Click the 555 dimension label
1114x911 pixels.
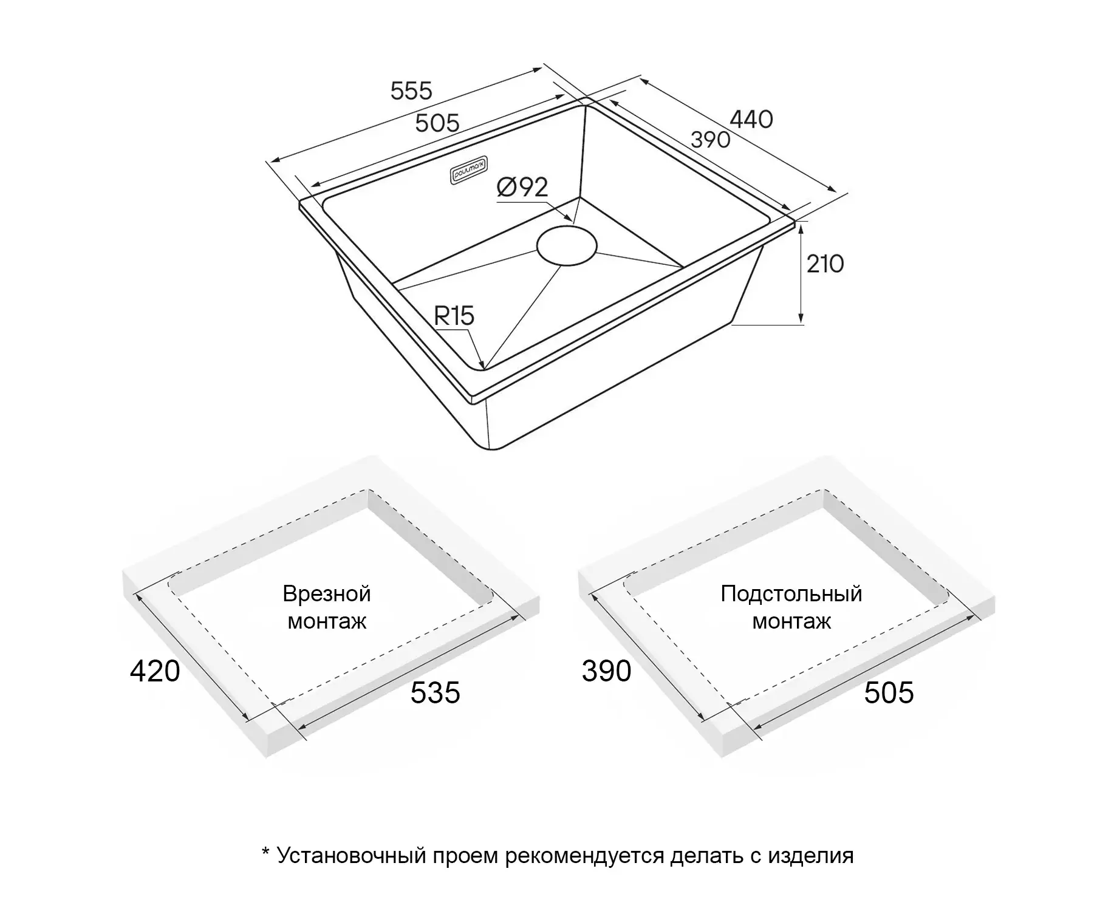(x=411, y=91)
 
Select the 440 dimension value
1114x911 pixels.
(x=751, y=119)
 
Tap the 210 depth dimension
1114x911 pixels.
(x=825, y=264)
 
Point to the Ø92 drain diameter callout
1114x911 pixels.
(x=522, y=187)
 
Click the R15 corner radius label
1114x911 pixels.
(x=454, y=316)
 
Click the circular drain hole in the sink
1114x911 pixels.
(x=567, y=245)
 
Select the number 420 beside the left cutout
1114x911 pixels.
(x=155, y=671)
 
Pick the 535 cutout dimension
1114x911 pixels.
(x=435, y=693)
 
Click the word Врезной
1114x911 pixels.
(x=327, y=593)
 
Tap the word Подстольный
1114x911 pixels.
(x=791, y=593)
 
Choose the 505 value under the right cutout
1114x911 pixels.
(x=889, y=693)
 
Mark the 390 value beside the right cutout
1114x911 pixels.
(x=606, y=671)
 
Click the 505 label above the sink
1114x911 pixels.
(x=437, y=123)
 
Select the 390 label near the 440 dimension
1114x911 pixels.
(x=711, y=140)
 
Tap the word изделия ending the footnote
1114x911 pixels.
(x=811, y=856)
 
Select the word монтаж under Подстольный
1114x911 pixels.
(x=791, y=622)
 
